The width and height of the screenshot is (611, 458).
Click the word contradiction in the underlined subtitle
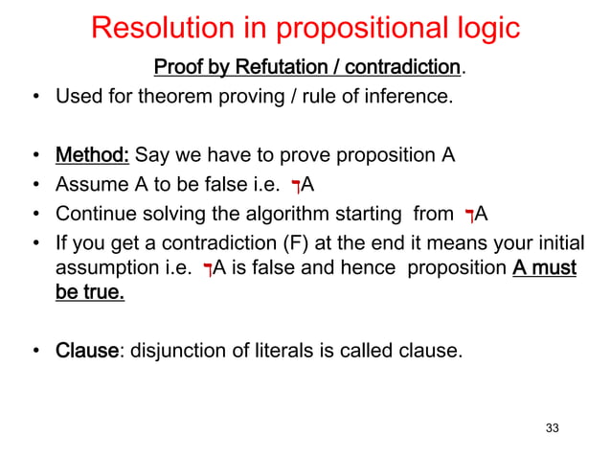tap(402, 68)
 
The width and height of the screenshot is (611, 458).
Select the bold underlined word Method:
tap(93, 154)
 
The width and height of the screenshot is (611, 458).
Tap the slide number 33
tap(552, 427)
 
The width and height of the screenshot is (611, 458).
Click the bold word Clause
tap(86, 352)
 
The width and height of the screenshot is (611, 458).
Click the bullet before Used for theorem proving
tap(34, 98)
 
